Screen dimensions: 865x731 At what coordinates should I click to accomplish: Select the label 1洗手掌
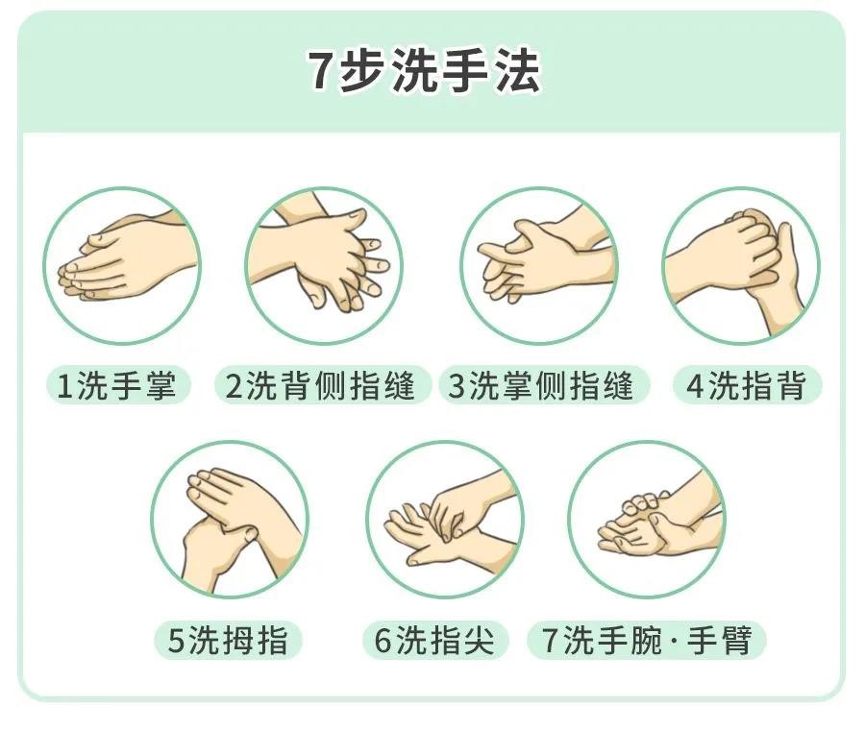click(x=117, y=385)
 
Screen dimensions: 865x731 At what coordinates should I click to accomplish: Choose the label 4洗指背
click(x=747, y=385)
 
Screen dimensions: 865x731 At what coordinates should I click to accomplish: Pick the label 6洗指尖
click(x=435, y=640)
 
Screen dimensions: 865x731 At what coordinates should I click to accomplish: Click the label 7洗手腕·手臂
click(x=647, y=640)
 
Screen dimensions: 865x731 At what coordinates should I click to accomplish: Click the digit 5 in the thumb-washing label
click(x=176, y=641)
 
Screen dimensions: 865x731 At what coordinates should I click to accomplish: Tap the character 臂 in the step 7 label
click(x=736, y=640)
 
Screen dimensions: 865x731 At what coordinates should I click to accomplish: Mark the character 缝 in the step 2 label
click(x=398, y=385)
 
